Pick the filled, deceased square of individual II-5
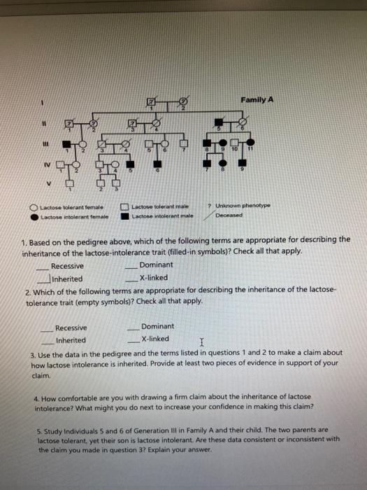pos(222,123)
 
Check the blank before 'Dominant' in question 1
pos(131,266)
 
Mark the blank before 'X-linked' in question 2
pos(132,339)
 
